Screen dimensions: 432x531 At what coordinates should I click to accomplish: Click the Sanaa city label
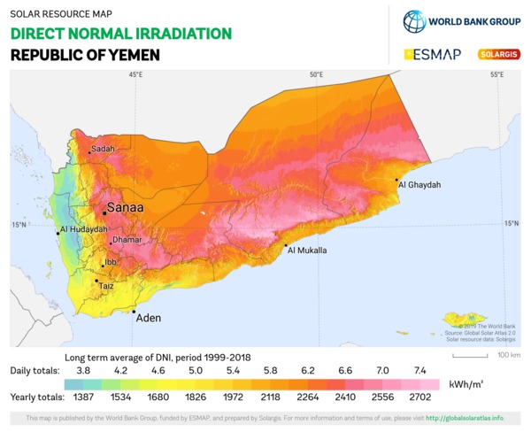point(124,210)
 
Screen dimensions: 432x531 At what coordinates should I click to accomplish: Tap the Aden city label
point(148,317)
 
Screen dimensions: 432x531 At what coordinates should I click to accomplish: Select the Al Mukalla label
point(308,251)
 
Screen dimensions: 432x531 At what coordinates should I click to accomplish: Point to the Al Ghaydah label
point(419,185)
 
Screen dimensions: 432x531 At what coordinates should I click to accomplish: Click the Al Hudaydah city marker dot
point(58,233)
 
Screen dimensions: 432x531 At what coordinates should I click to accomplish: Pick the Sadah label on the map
point(103,149)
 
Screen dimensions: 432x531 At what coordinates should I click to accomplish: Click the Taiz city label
point(105,286)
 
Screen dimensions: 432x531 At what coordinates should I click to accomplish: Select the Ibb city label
point(110,263)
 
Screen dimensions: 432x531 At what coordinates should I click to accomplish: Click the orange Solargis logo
point(498,54)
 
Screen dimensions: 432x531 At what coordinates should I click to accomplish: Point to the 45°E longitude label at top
point(135,75)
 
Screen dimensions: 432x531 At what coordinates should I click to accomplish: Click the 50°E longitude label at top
point(316,75)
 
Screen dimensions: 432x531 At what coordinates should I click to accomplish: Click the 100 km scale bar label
point(508,355)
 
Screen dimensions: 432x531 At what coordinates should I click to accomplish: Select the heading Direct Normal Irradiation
point(121,34)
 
